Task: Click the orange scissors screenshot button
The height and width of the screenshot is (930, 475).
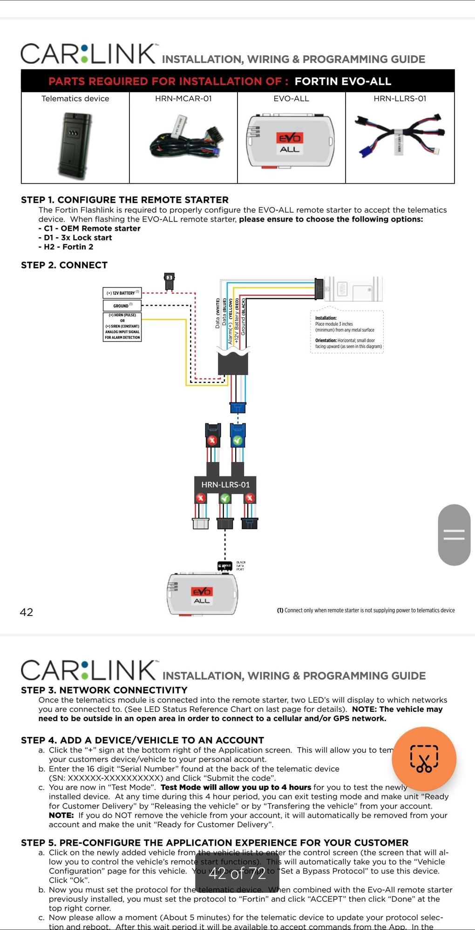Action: pyautogui.click(x=424, y=759)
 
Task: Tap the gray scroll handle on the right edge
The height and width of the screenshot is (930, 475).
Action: pyautogui.click(x=454, y=535)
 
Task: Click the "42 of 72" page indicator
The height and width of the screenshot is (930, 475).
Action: pyautogui.click(x=237, y=873)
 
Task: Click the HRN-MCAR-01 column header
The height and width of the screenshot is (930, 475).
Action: pyautogui.click(x=183, y=99)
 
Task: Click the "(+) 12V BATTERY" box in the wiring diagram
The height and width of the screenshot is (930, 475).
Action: pyautogui.click(x=122, y=293)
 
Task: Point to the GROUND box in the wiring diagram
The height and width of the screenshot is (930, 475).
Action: pyautogui.click(x=122, y=306)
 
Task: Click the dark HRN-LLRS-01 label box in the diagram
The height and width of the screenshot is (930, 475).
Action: pyautogui.click(x=225, y=484)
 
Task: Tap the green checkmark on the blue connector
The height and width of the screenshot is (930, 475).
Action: pyautogui.click(x=237, y=440)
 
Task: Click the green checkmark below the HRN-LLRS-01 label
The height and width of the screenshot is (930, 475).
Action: pyautogui.click(x=225, y=498)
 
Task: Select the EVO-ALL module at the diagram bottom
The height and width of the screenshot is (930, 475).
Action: pyautogui.click(x=203, y=595)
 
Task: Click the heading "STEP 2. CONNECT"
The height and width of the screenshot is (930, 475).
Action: pyautogui.click(x=64, y=265)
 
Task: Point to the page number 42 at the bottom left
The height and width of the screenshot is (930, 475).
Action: pyautogui.click(x=27, y=612)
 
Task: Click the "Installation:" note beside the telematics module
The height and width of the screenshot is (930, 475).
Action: pyautogui.click(x=326, y=318)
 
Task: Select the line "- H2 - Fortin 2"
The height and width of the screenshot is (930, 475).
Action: pyautogui.click(x=66, y=247)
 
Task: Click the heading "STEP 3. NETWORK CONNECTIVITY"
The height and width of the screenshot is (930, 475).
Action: pyautogui.click(x=104, y=690)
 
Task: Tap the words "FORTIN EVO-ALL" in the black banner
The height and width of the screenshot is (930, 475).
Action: pyautogui.click(x=343, y=81)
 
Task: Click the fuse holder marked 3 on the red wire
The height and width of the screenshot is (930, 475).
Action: pyautogui.click(x=170, y=281)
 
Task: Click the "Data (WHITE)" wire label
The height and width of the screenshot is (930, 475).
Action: pyautogui.click(x=217, y=314)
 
